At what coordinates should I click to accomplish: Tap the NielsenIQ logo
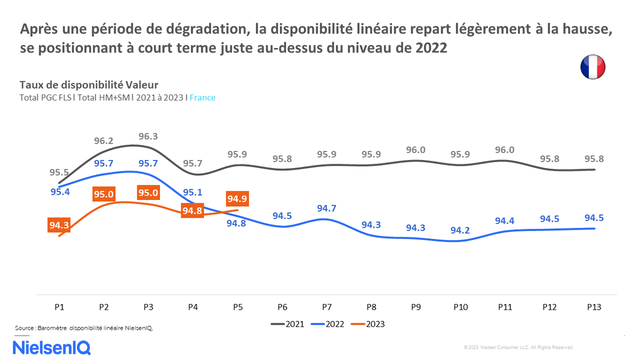(52, 348)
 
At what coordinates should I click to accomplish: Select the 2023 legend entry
(367, 324)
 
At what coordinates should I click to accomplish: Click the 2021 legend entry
(288, 324)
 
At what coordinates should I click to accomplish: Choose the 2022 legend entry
(327, 324)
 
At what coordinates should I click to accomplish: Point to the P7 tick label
(327, 307)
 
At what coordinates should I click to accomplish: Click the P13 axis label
(594, 307)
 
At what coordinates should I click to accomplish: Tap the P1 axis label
(59, 307)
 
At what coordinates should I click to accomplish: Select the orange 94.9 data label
(237, 199)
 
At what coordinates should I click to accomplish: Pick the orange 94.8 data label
(192, 211)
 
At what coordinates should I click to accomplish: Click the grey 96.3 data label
(148, 137)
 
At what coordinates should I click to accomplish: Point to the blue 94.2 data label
(460, 230)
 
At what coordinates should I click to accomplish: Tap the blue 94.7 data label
(326, 209)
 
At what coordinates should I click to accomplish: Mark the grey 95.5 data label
(59, 172)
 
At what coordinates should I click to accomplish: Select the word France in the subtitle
(202, 98)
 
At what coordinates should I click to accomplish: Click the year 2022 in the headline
(428, 48)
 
